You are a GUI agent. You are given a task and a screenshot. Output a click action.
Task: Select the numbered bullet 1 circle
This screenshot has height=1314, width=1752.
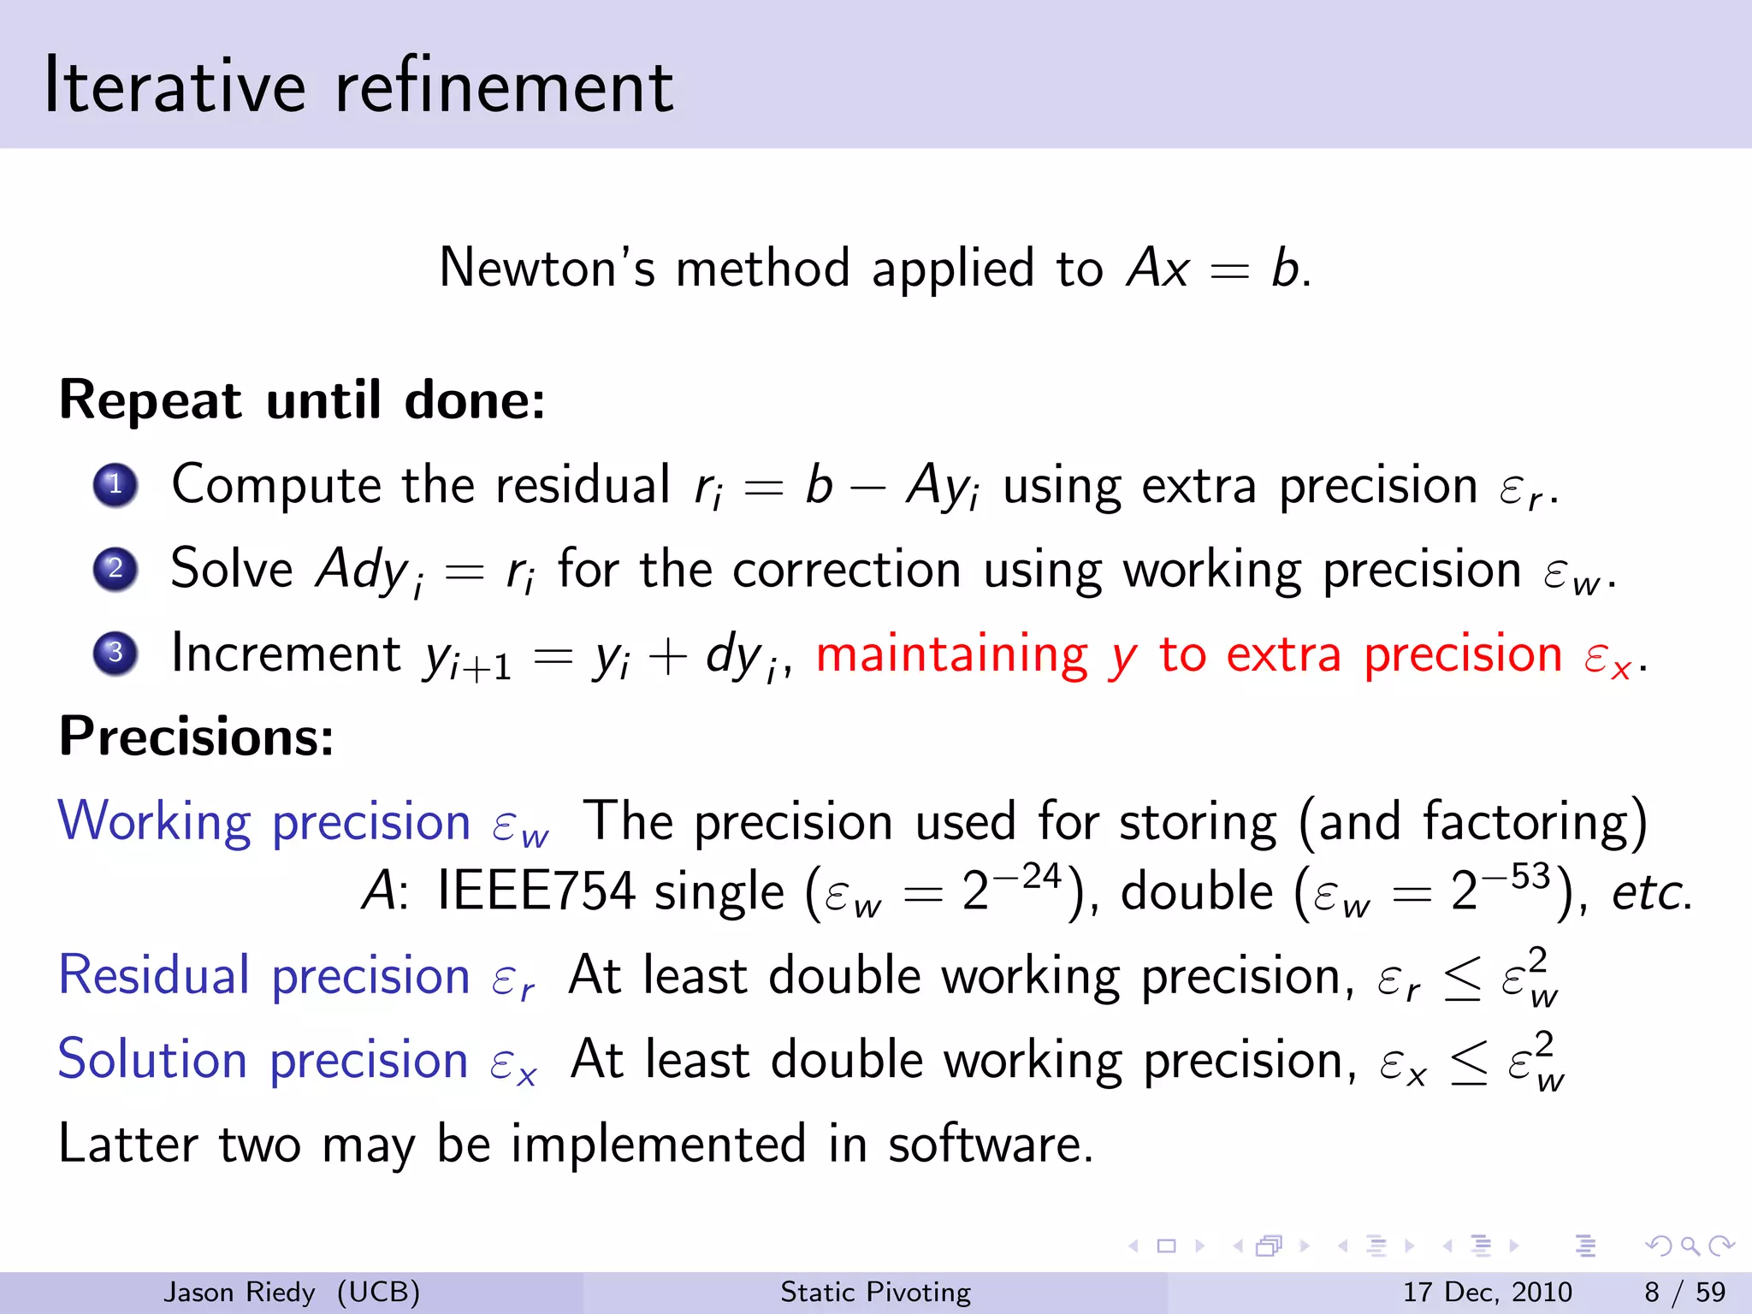pos(115,485)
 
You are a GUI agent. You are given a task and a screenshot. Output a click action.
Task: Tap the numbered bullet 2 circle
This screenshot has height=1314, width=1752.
pos(115,569)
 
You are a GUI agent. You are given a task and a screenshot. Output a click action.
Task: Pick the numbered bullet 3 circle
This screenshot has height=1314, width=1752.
pos(115,654)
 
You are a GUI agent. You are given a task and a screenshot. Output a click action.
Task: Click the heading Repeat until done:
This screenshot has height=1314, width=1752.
pos(302,400)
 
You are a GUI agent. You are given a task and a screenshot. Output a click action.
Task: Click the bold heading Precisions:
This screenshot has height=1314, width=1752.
pos(196,736)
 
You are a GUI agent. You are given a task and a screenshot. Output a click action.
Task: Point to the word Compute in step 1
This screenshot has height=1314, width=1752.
pos(275,485)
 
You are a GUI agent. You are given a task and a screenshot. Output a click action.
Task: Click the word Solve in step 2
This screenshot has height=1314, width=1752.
pos(232,569)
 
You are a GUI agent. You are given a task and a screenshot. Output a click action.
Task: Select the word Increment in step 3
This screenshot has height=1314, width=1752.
pos(286,654)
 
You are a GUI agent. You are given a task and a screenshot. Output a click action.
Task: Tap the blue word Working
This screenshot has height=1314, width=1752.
pos(154,822)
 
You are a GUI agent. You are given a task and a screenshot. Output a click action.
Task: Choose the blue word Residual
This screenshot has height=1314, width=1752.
pos(154,975)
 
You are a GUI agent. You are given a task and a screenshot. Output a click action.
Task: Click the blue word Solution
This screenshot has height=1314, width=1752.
pos(152,1059)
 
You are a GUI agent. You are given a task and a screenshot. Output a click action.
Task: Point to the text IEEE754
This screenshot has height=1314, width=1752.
pos(536,891)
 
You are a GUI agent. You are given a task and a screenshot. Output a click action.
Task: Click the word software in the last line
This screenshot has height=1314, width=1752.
pos(990,1144)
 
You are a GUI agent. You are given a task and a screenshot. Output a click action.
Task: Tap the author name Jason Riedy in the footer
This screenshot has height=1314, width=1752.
pos(240,1292)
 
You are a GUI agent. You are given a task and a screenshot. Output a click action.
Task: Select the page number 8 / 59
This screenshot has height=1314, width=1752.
pos(1684,1292)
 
